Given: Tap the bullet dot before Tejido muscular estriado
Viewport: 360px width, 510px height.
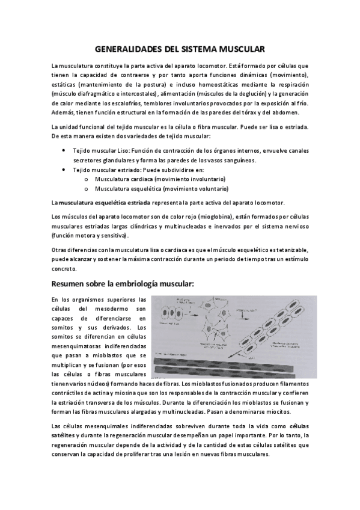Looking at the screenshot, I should [x=64, y=170].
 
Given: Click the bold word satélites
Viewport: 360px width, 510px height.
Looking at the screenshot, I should [x=63, y=434].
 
